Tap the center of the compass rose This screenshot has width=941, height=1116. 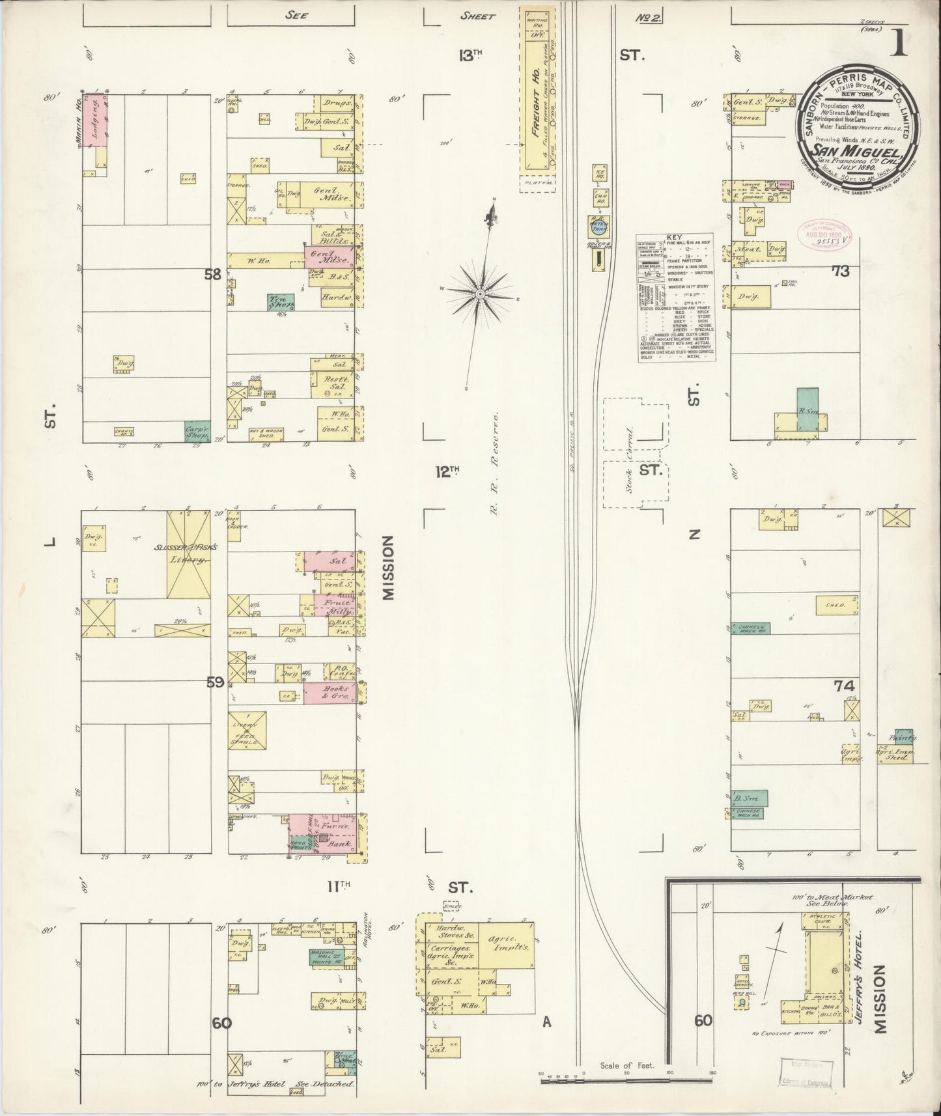click(480, 294)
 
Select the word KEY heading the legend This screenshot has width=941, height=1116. click(674, 238)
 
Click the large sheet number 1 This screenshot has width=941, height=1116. click(902, 44)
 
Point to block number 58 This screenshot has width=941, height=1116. click(212, 274)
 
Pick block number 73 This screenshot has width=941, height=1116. click(841, 272)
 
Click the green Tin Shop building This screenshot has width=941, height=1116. click(281, 301)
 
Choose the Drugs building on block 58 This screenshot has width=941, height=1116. click(337, 102)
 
